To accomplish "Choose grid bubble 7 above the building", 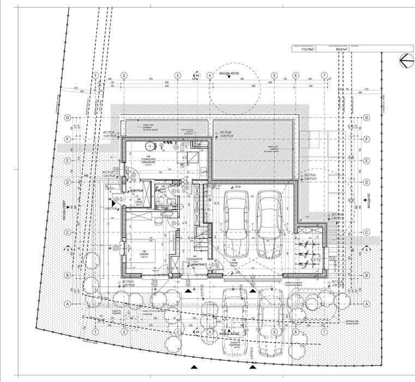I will (324, 75).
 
